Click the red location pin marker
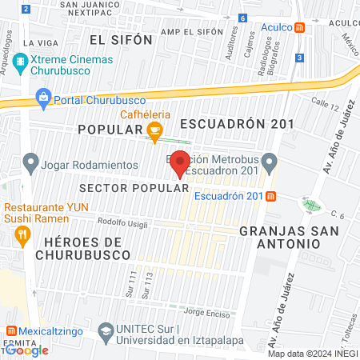[181, 162]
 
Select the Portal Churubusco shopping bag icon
[43, 100]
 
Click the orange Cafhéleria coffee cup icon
[155, 130]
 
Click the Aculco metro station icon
[299, 26]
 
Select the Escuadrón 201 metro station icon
[271, 197]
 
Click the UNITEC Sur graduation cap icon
[105, 330]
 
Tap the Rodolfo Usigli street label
[122, 224]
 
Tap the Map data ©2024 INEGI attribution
[312, 354]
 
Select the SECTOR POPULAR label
[134, 188]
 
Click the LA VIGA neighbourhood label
[38, 42]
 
